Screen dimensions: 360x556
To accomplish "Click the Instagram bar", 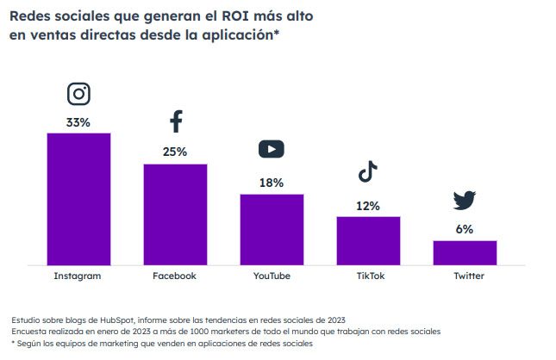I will coord(78,199).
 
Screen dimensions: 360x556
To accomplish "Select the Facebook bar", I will coord(175,214).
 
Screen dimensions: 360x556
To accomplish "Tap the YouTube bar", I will coord(272,230).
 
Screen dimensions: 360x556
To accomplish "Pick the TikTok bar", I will coord(368,240).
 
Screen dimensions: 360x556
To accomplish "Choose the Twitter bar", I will coord(465,252).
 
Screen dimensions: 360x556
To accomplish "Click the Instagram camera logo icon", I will coord(78,94).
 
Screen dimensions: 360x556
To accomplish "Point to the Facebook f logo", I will coord(176,121).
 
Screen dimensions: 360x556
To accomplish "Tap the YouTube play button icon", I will coord(272,149).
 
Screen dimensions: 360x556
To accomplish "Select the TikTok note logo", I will coord(368,171).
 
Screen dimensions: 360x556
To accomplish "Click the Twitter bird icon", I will coord(465,201).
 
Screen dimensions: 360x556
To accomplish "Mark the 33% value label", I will coord(78,122).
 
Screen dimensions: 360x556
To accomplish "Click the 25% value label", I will coord(175,152).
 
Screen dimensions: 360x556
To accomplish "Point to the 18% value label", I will coord(272,183).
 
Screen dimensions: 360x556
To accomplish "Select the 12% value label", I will coord(368,206).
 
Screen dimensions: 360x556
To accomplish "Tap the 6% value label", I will coord(465,229).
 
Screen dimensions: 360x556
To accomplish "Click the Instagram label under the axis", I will coord(78,276).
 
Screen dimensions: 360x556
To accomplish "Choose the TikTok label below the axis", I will coord(368,276).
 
